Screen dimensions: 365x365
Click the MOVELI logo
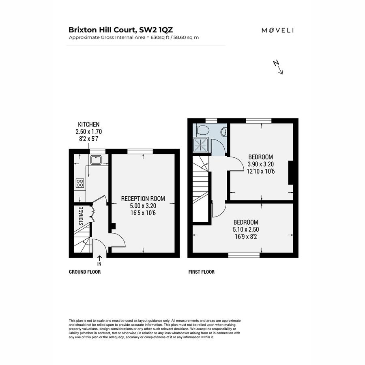277,30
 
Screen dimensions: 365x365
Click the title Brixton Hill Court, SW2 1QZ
121,30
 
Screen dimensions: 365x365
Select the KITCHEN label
88,125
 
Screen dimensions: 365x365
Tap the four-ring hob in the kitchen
80,183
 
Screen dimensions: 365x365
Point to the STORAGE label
81,217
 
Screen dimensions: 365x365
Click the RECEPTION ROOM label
143,199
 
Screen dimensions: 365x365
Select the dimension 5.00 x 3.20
143,206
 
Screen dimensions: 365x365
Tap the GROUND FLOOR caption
85,272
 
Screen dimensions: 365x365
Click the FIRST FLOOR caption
202,272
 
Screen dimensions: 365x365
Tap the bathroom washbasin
223,132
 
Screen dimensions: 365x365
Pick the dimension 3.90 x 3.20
260,164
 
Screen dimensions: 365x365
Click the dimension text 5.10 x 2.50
246,230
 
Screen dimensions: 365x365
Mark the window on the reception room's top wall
140,151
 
